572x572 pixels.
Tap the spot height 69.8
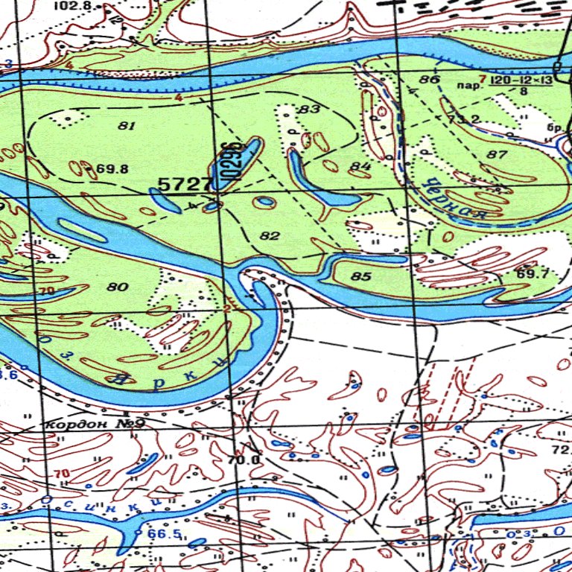click(112, 169)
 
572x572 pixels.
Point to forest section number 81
click(127, 126)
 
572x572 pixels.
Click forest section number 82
click(270, 236)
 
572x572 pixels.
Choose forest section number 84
click(360, 165)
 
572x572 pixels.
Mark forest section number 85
click(360, 277)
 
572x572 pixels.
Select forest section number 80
click(118, 287)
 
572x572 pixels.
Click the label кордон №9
click(95, 424)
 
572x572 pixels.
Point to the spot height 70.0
click(244, 460)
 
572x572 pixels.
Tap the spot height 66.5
click(164, 534)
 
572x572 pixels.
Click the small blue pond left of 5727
click(165, 200)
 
